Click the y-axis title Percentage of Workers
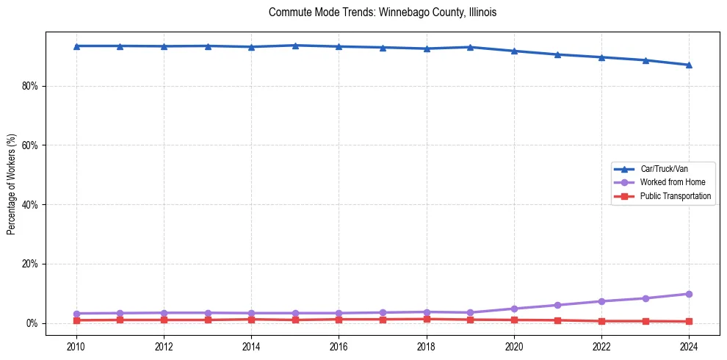12,184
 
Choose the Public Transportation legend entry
675,196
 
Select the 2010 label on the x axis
76,345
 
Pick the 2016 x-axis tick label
339,345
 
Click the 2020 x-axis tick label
514,345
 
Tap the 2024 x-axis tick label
689,345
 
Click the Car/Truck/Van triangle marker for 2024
689,65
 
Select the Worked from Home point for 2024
689,294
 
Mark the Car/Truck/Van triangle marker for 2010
76,46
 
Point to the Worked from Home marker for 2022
601,301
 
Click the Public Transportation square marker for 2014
251,320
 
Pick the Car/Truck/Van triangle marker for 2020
514,51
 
